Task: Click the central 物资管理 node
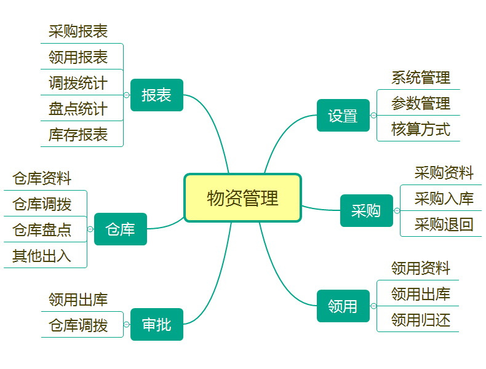242,198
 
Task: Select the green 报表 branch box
157,95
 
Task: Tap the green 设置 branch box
343,116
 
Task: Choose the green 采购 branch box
367,211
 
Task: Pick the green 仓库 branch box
121,229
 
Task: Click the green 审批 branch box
157,325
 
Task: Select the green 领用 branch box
343,306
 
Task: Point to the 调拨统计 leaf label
78,83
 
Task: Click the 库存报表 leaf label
78,135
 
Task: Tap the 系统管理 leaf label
421,77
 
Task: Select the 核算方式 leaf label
421,129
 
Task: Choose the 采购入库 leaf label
444,199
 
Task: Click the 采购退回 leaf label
444,224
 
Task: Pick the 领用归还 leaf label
421,320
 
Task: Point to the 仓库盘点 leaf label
42,230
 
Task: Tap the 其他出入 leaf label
42,256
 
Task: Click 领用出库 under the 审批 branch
78,300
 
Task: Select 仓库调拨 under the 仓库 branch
42,204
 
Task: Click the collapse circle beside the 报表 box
127,95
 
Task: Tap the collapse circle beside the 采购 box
397,211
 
